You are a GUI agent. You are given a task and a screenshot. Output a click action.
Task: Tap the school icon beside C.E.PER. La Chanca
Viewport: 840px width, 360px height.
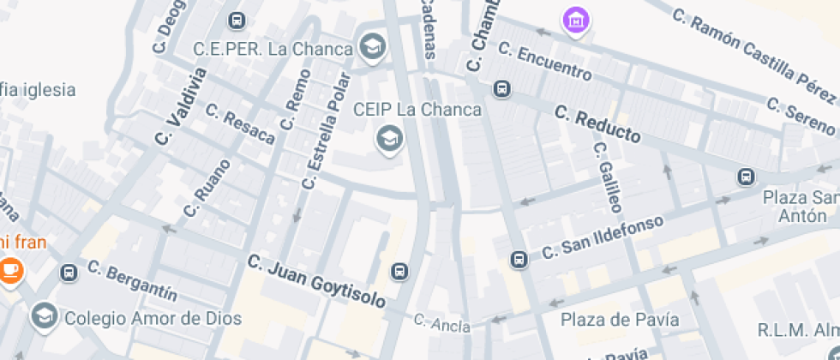[372, 47]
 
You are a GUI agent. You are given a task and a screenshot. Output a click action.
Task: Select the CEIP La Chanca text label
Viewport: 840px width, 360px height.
[417, 111]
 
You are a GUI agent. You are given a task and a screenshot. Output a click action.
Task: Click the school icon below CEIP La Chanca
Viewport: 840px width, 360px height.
[390, 137]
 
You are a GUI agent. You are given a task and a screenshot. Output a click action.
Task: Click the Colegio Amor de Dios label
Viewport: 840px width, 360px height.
[153, 318]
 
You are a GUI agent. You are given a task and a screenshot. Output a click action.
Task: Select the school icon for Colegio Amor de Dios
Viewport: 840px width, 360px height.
[42, 316]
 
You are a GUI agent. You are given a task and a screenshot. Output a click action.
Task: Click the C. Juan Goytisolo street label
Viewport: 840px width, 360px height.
[316, 281]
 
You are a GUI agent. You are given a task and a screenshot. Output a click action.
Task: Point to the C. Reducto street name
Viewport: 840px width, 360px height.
[597, 123]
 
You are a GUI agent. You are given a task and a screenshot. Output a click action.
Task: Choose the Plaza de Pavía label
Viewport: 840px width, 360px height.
[620, 320]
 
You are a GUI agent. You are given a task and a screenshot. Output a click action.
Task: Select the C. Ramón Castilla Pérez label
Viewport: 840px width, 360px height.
[753, 51]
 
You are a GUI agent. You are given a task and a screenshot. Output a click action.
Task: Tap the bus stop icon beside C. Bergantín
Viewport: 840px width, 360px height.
[69, 273]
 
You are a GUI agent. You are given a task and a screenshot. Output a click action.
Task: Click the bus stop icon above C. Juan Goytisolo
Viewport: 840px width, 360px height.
[399, 272]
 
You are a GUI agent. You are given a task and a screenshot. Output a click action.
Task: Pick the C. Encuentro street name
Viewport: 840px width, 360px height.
[544, 61]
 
